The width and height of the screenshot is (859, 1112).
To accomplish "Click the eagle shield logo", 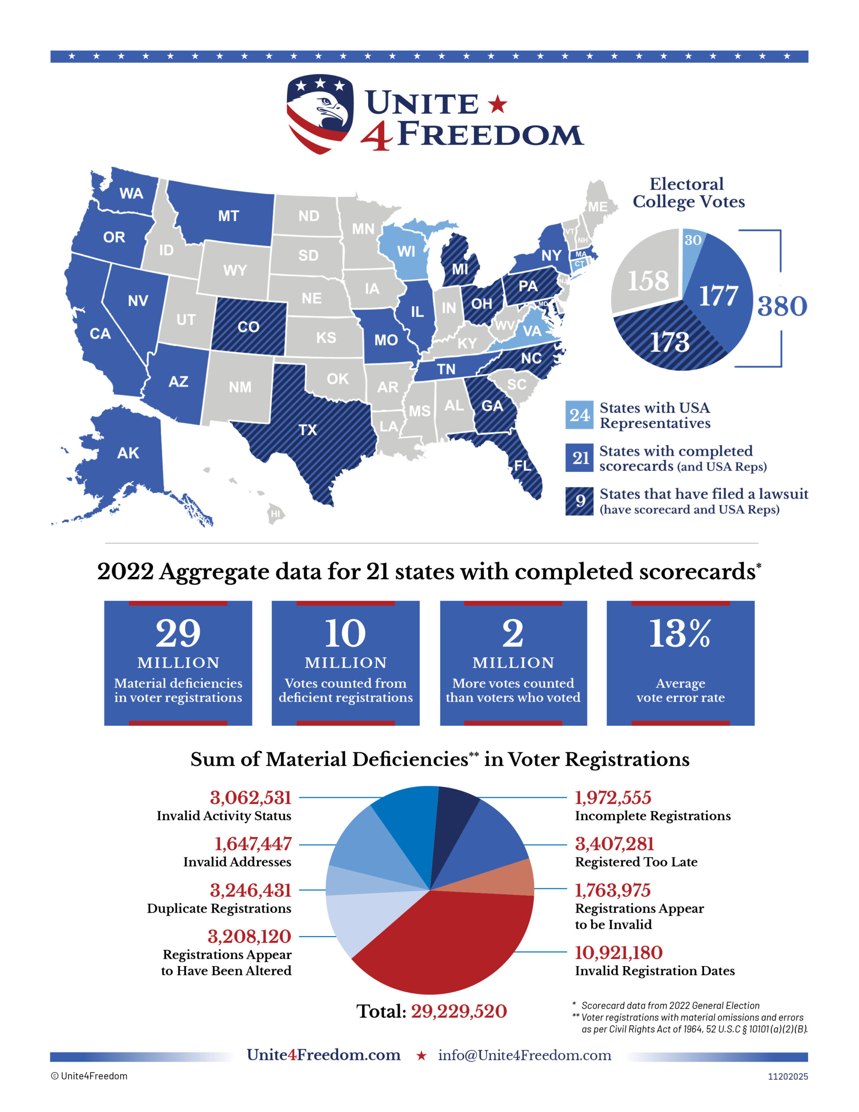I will click(319, 113).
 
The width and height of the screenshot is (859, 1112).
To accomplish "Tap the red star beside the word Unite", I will click(498, 104).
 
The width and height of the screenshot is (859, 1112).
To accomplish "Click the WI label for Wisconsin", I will click(406, 252).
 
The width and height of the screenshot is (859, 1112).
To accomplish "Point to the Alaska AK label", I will click(128, 453).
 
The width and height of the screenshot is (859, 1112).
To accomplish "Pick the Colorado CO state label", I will click(248, 327).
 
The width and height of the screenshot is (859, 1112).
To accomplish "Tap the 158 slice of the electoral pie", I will click(647, 281).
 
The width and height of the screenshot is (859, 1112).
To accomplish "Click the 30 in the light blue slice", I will click(693, 240).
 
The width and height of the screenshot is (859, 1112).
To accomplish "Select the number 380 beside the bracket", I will click(782, 306).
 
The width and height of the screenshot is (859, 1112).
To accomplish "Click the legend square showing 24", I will click(579, 415).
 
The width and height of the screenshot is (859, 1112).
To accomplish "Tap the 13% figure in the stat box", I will click(680, 634).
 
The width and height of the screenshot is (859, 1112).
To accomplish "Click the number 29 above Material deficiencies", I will click(178, 634).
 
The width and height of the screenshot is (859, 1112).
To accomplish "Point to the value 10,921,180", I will click(618, 953).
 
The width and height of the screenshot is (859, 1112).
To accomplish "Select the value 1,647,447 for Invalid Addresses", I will click(253, 844).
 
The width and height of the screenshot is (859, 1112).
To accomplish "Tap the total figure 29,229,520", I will click(459, 1011).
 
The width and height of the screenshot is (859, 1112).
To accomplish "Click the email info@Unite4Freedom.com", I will click(525, 1055).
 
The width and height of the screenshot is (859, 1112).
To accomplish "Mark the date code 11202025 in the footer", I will click(788, 1076).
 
